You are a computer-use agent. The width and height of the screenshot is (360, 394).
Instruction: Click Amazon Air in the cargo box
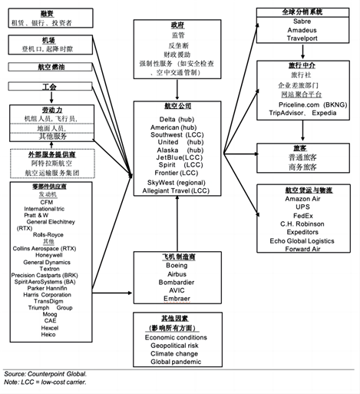296,199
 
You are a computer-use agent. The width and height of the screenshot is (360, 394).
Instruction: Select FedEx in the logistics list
296,216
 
